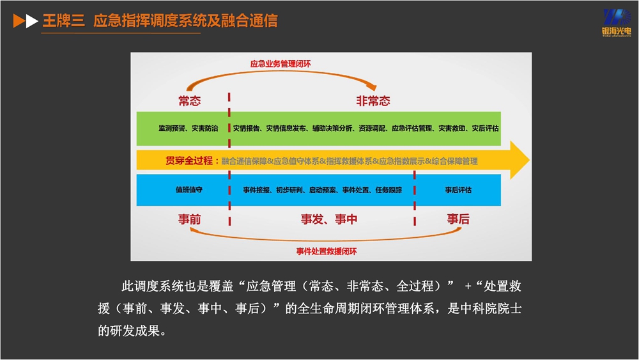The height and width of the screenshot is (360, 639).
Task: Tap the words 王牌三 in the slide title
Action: tap(61, 21)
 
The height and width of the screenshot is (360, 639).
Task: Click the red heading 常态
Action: tap(190, 101)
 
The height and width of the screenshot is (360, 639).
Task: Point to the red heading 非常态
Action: tap(373, 101)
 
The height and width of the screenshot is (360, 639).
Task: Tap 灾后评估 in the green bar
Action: tap(486, 129)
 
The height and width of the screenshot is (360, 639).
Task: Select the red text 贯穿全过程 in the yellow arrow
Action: tap(189, 160)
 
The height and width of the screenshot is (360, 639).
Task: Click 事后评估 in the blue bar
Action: tap(458, 190)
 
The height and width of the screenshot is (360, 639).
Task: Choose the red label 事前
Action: tap(190, 219)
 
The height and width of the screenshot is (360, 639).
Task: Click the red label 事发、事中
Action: tap(329, 219)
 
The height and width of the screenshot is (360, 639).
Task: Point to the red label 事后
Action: tap(458, 219)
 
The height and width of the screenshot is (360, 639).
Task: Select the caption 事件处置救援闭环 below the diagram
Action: tap(327, 251)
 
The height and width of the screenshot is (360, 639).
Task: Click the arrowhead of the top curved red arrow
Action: tap(373, 88)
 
